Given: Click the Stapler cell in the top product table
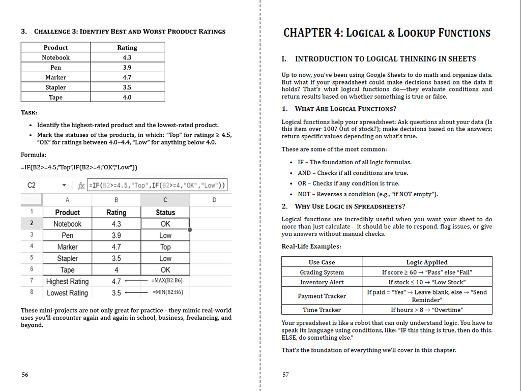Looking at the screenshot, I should (x=55, y=87).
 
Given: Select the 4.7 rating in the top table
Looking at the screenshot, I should (x=127, y=77).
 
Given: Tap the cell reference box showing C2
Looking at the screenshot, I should (x=32, y=186).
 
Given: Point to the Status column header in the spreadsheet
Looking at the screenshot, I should (x=165, y=213).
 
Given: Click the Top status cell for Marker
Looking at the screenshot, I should (x=165, y=247).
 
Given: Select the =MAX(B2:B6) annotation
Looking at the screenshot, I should (x=167, y=281).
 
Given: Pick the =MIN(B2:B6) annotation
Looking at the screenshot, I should (x=167, y=292).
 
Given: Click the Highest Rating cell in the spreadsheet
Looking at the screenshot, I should (x=67, y=281).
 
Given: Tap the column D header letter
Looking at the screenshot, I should (x=214, y=200).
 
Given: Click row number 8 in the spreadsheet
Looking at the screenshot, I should (x=32, y=292).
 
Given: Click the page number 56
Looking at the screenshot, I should (x=25, y=375).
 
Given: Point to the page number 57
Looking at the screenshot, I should (x=285, y=375).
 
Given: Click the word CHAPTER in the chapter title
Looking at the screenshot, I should (x=308, y=33).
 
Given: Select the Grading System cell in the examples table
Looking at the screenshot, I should (x=322, y=272).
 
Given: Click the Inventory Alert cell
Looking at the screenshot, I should (x=322, y=282).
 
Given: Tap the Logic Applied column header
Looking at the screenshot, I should (x=427, y=262).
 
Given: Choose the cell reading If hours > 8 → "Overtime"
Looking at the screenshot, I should (x=427, y=310).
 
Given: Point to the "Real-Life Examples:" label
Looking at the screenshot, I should (x=311, y=247).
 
